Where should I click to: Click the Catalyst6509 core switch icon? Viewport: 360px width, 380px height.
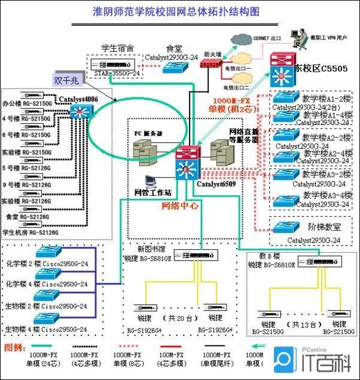click(x=187, y=162)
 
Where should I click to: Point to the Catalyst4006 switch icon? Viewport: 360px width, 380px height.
click(x=78, y=111)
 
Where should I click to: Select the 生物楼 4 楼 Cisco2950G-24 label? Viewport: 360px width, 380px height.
click(x=47, y=329)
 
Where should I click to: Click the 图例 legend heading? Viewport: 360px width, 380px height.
click(x=13, y=347)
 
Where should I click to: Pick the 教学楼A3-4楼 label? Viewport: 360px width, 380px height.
click(x=328, y=195)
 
